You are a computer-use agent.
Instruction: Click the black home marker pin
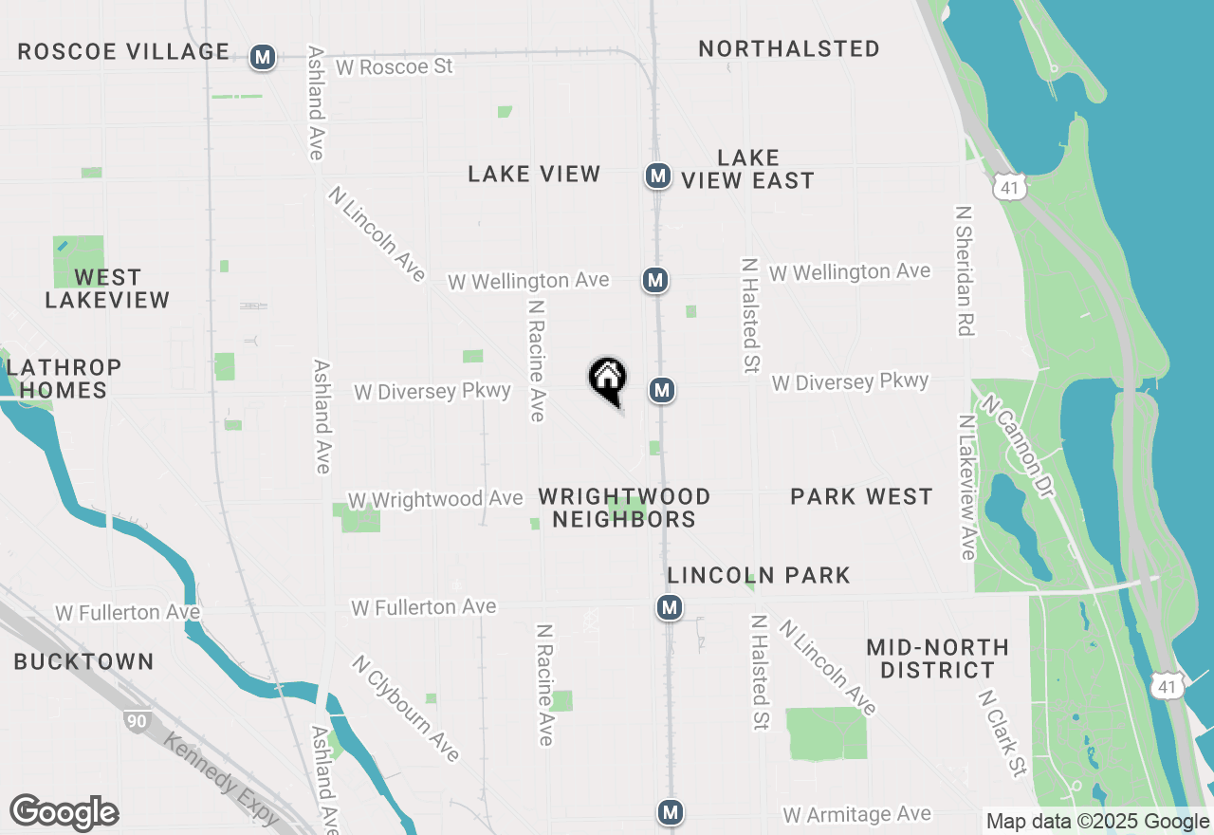(x=608, y=380)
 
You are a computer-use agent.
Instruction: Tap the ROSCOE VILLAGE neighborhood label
(x=123, y=51)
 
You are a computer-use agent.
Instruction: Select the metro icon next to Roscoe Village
(x=263, y=58)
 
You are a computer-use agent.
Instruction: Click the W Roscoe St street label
(x=394, y=67)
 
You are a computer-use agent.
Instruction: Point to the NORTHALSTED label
(x=789, y=48)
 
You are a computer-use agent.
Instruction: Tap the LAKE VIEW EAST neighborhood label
(x=748, y=169)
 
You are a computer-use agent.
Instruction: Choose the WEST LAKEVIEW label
(x=107, y=288)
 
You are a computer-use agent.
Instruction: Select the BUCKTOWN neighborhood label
(x=83, y=661)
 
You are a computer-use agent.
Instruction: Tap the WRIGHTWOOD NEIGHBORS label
(x=624, y=508)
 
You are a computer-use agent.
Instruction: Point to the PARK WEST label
(x=861, y=496)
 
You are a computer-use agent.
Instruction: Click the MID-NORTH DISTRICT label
(x=937, y=659)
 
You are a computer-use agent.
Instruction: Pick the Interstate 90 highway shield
(x=137, y=721)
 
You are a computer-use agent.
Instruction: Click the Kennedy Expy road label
(x=221, y=778)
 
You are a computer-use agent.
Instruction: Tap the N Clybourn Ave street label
(x=406, y=708)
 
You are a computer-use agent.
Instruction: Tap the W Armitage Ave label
(x=856, y=814)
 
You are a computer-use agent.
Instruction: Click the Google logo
(x=64, y=812)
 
